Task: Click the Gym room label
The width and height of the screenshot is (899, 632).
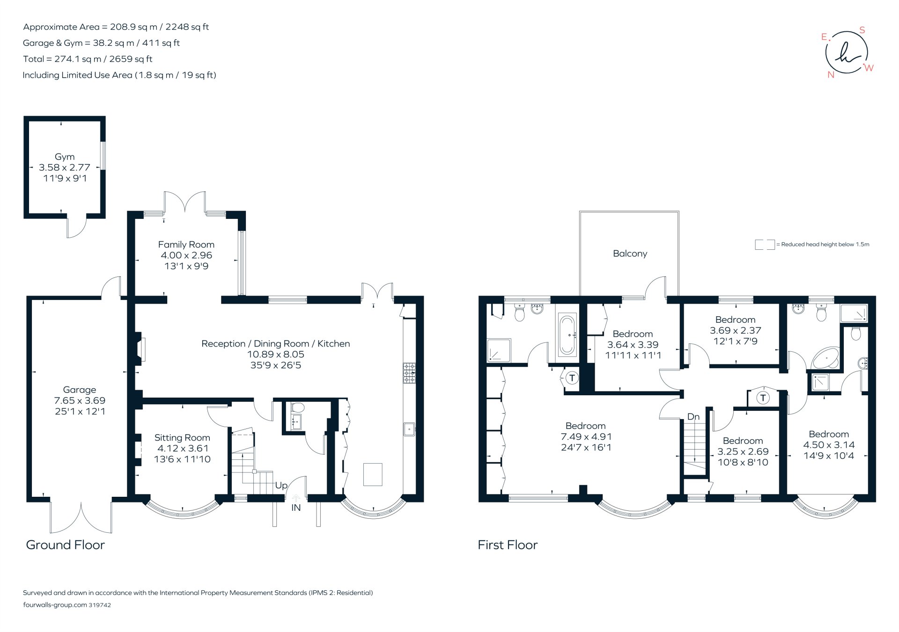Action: [x=65, y=157]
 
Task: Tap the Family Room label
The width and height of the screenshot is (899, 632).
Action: [x=186, y=244]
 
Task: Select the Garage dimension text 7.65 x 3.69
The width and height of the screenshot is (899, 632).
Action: [x=80, y=400]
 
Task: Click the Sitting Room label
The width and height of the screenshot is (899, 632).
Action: [x=182, y=437]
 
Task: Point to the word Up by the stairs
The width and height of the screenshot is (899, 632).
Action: [x=281, y=485]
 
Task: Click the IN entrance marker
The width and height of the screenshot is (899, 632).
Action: [x=296, y=508]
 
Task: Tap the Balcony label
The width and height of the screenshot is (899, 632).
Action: [x=630, y=253]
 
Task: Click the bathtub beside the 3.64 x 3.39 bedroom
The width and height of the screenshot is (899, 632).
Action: [x=567, y=335]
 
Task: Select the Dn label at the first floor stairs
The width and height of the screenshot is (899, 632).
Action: [x=693, y=416]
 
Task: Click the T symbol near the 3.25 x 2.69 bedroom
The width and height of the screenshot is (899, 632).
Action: [x=763, y=398]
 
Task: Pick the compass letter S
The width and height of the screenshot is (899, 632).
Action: [x=862, y=30]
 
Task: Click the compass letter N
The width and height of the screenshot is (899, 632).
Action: [x=831, y=75]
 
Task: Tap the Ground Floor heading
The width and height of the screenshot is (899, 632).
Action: [x=65, y=545]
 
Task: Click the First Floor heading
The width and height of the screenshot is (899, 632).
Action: [x=508, y=545]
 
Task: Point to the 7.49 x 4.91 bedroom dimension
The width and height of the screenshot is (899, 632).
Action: [x=586, y=436]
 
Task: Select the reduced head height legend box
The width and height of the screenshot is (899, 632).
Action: [x=765, y=244]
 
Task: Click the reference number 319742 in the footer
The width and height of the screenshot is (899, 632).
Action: [x=100, y=605]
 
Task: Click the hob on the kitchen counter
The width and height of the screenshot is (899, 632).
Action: [x=409, y=373]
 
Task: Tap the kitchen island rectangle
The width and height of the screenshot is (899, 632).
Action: [x=373, y=474]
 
